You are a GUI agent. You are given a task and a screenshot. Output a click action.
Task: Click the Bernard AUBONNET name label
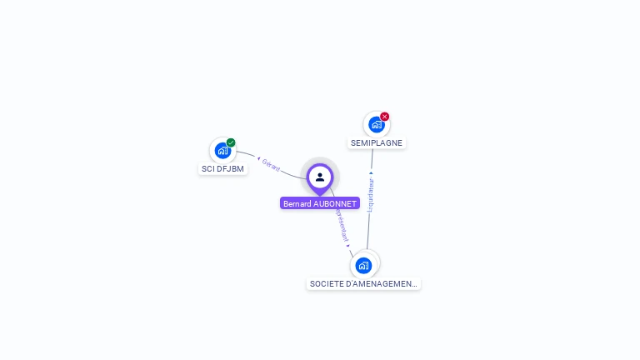click(320, 203)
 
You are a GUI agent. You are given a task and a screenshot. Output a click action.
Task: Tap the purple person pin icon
click(320, 177)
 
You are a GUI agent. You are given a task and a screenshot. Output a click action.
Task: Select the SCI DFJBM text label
click(223, 169)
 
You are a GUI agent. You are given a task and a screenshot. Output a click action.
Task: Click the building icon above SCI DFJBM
click(222, 151)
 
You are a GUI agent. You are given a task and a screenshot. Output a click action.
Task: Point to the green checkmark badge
click(231, 142)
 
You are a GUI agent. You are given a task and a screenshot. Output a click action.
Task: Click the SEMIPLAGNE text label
click(377, 143)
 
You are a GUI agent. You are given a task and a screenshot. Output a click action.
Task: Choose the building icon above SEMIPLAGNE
click(377, 125)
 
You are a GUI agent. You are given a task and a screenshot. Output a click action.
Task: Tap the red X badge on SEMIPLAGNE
click(384, 117)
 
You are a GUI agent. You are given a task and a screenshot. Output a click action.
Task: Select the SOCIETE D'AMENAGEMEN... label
click(363, 284)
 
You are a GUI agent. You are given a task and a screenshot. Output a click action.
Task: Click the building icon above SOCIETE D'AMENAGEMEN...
click(363, 266)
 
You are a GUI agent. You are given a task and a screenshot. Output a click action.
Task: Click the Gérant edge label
click(271, 163)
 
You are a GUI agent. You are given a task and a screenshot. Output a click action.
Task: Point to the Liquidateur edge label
click(371, 195)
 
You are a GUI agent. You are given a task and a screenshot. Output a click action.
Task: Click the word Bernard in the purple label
click(297, 203)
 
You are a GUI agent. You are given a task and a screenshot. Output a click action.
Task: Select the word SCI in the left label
click(208, 169)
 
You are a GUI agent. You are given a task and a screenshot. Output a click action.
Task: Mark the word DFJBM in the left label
click(230, 169)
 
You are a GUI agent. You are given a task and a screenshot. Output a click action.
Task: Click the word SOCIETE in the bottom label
click(325, 284)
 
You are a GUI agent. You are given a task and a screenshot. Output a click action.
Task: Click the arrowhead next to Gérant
click(258, 157)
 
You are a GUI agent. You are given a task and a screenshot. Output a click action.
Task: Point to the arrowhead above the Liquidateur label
click(371, 173)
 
